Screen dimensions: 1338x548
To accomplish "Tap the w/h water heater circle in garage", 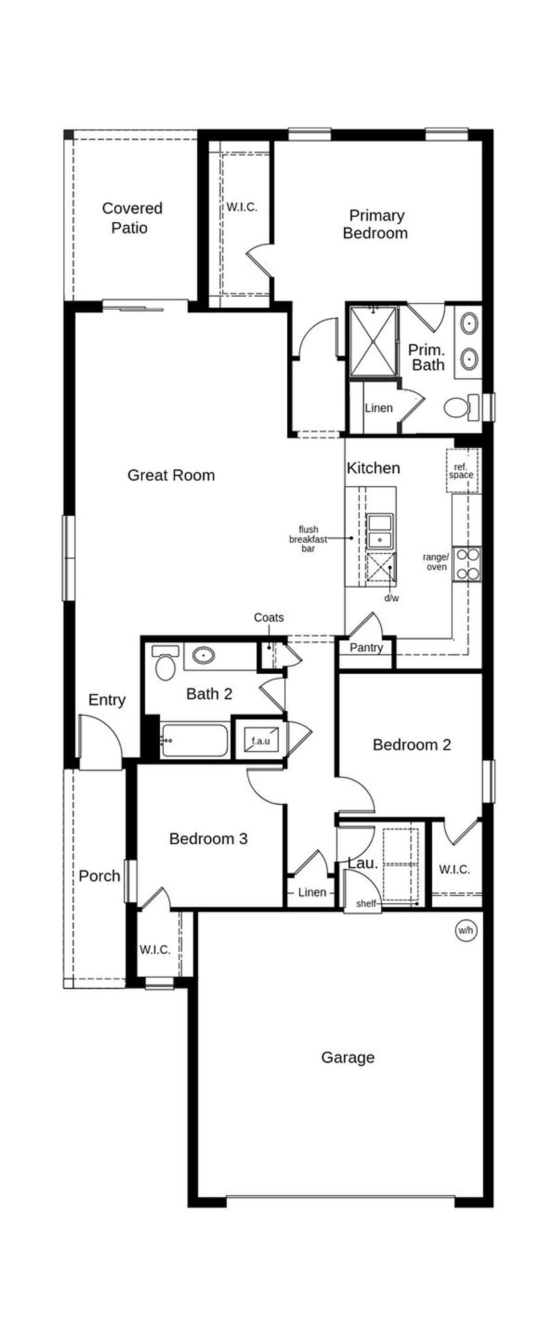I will coord(465,930).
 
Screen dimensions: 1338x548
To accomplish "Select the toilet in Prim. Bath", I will coord(460,407).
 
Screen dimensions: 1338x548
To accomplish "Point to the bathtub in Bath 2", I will coord(194,740).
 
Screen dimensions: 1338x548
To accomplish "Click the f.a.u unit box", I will coord(261,740).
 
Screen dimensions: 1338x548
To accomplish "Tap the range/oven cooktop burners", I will coord(467,564).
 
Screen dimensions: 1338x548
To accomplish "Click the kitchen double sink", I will coord(380,530).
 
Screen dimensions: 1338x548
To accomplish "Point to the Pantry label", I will coord(366,647).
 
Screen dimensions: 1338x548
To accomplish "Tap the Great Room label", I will coord(171,475).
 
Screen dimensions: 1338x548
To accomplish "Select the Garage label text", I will coord(348,1057).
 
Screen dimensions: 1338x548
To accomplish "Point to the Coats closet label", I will coord(268,618).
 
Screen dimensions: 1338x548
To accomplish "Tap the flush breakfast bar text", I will coord(308,539).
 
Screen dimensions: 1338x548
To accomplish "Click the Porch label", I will coord(99,876).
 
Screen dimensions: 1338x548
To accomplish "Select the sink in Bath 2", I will coord(203,655).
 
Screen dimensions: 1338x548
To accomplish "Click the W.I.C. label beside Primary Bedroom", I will coord(241,207).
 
